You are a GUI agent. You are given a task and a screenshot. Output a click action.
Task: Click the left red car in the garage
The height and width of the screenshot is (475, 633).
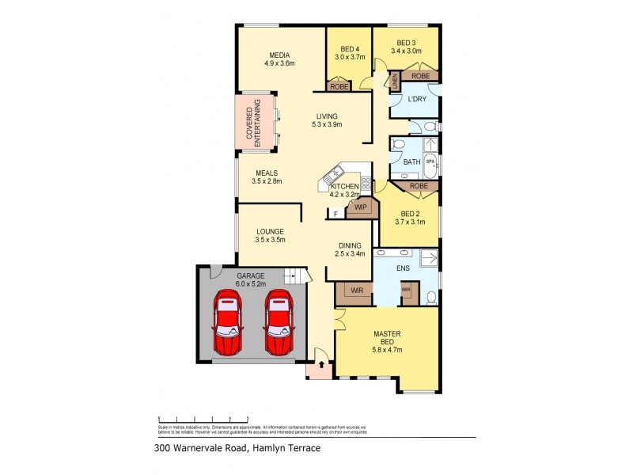click(x=228, y=323)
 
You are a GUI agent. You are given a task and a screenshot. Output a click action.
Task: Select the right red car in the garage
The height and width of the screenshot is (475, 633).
click(x=278, y=323)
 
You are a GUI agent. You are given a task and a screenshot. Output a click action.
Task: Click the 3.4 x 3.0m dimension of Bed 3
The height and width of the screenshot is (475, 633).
click(x=406, y=51)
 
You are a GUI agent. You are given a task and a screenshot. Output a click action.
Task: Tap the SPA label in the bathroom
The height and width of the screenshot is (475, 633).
click(x=430, y=161)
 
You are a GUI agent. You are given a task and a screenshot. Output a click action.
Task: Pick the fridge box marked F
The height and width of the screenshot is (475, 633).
click(x=335, y=213)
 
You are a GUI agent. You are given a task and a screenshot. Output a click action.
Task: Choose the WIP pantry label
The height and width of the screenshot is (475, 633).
click(x=361, y=207)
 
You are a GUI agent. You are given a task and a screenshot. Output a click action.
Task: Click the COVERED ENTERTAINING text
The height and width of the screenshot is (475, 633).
click(x=252, y=123)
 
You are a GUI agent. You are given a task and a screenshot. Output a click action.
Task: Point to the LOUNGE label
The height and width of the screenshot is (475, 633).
click(x=270, y=231)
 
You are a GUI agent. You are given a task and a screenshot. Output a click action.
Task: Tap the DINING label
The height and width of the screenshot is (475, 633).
click(x=350, y=245)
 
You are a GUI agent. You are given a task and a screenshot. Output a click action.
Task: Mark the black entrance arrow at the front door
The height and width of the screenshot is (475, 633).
click(x=320, y=366)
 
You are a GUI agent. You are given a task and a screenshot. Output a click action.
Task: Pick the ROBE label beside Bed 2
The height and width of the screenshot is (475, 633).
click(x=419, y=186)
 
